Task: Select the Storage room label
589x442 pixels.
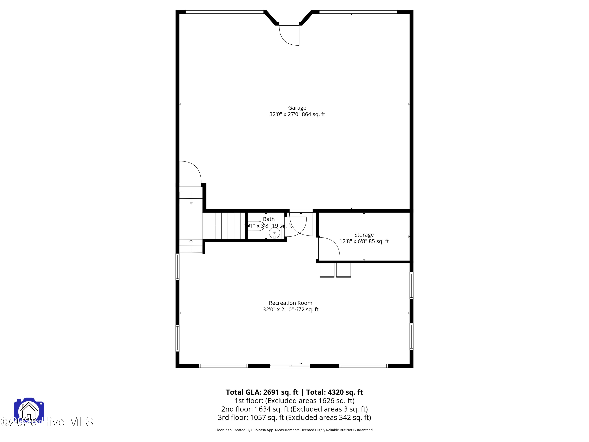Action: click(364, 235)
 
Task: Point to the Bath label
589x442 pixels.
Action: click(269, 219)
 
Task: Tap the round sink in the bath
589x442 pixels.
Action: click(274, 233)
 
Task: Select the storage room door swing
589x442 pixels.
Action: click(329, 248)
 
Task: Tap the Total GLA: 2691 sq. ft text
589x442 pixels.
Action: click(262, 392)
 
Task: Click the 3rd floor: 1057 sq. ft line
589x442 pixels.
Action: click(294, 417)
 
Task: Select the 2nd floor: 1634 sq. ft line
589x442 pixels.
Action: click(294, 409)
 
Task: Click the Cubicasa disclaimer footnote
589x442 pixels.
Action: click(294, 430)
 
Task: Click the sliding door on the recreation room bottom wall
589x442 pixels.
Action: click(290, 366)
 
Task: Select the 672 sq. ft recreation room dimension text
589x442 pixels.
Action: click(309, 310)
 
